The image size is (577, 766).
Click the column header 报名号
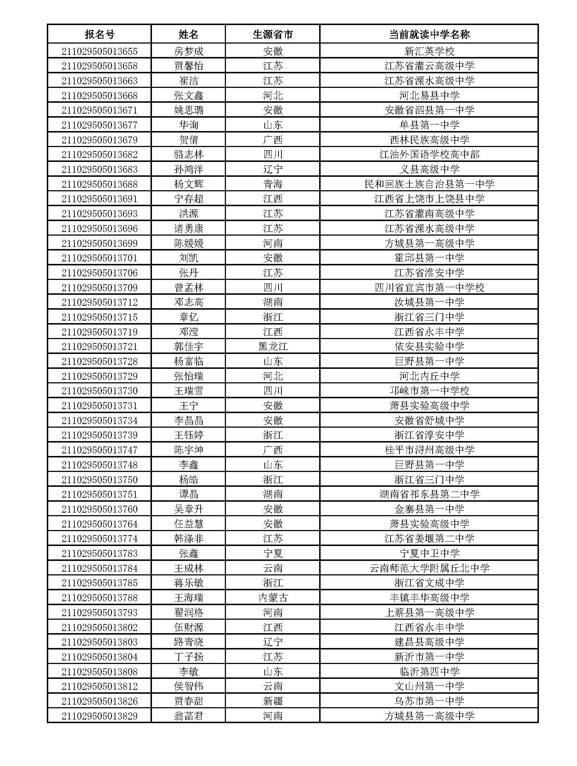(x=99, y=34)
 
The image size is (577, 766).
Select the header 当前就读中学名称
(x=429, y=34)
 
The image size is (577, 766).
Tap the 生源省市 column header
(x=272, y=34)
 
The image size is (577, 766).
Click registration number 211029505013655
(x=99, y=51)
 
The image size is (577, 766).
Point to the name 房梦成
(x=189, y=51)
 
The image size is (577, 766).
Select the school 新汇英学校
(x=429, y=51)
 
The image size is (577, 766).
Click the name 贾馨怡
(x=189, y=66)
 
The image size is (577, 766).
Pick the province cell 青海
(x=272, y=184)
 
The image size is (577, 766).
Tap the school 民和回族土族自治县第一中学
(x=429, y=184)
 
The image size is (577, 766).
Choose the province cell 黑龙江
(x=272, y=346)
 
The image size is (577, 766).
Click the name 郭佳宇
(x=189, y=346)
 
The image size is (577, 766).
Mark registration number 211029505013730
(x=99, y=391)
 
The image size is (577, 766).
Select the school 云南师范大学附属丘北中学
(x=429, y=568)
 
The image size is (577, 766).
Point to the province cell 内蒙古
(x=272, y=598)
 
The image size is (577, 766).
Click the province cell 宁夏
(x=272, y=553)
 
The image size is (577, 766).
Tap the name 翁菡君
(x=189, y=716)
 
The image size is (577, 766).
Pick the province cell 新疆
(x=272, y=701)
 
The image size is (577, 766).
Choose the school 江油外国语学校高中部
(x=429, y=155)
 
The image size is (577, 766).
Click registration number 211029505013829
(x=99, y=716)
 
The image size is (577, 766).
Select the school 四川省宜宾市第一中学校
(x=429, y=288)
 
